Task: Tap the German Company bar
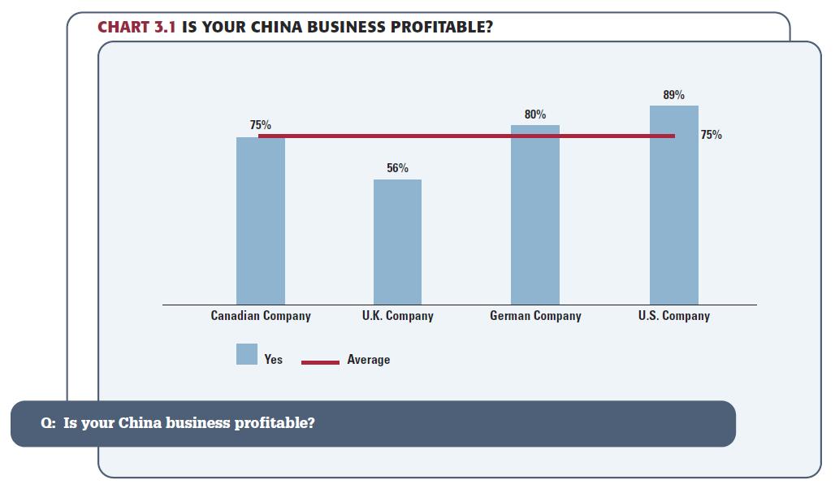(535, 215)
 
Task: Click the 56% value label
(397, 168)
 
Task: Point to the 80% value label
(535, 115)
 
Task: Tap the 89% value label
(673, 95)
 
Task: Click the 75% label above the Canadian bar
(261, 126)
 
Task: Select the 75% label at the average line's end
(711, 135)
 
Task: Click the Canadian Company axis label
(261, 316)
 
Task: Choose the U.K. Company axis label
(397, 316)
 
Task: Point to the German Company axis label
(535, 316)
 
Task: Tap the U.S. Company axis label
(673, 316)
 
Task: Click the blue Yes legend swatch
(247, 354)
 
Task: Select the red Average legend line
(320, 362)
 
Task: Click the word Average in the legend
(368, 360)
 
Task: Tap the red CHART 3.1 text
(136, 27)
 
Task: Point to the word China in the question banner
(140, 423)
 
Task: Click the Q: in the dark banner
(48, 423)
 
